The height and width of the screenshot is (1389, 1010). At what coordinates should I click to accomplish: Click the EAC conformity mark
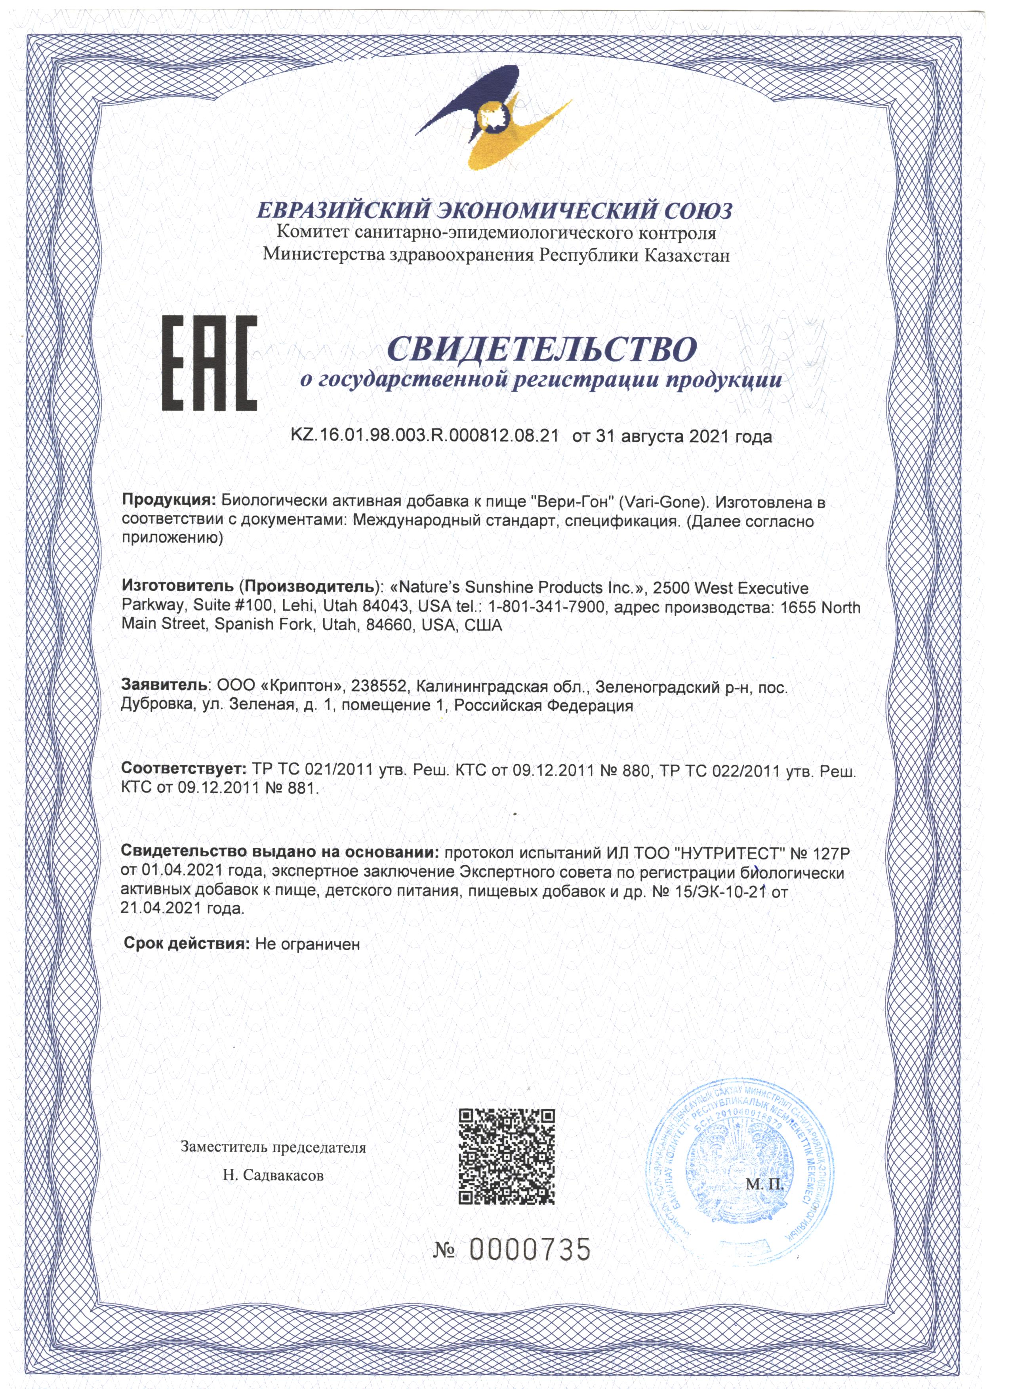point(209,363)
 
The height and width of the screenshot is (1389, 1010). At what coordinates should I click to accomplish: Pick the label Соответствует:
point(183,769)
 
